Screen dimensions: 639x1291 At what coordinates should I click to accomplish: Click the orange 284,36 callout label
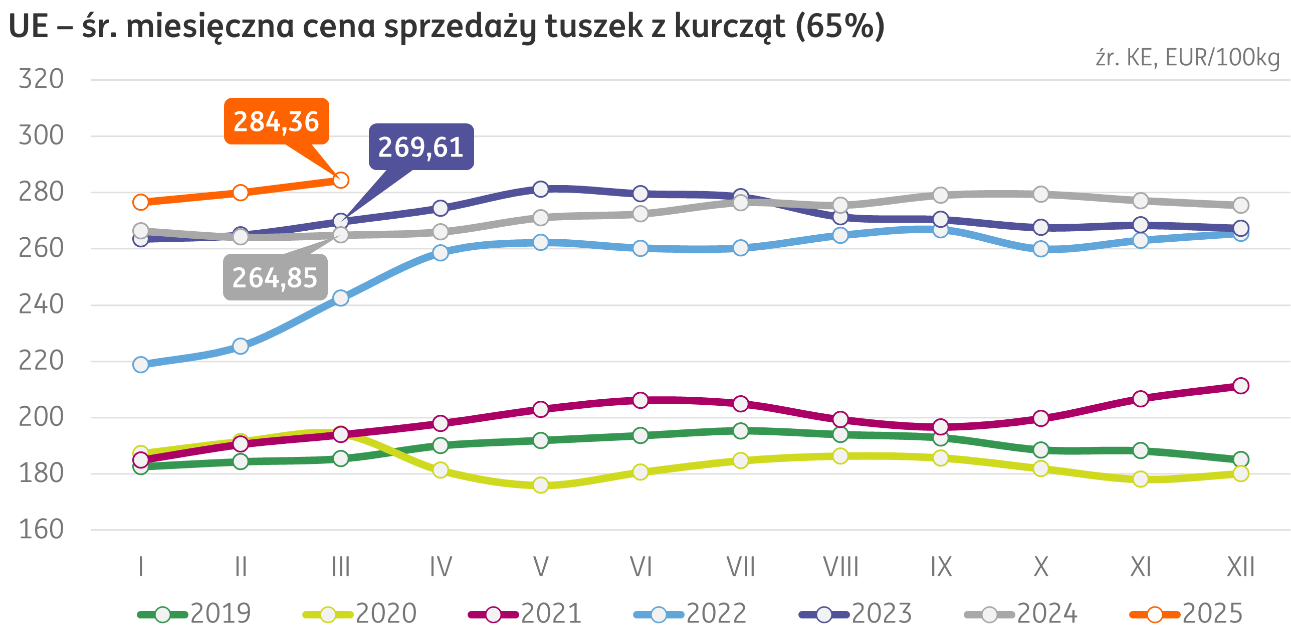276,121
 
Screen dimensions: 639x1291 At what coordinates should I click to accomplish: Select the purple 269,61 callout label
421,147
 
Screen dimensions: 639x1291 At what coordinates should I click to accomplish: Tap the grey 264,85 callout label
275,277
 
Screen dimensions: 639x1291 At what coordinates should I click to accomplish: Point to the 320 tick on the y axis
41,79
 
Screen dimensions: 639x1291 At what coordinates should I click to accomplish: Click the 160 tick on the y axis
41,530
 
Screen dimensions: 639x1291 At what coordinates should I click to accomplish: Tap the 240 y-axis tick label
41,304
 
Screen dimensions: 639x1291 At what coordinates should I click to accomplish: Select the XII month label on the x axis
1240,567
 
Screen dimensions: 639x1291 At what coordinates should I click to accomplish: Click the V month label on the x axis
541,567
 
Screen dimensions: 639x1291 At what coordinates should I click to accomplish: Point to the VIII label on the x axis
840,567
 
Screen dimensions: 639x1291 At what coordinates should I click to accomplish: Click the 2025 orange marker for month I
141,202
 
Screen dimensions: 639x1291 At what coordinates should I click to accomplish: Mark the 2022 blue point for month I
141,365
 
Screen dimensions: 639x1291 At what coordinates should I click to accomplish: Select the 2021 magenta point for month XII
1240,386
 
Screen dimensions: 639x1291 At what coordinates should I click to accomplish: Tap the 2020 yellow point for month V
541,485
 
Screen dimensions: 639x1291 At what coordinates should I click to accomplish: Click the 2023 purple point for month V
541,189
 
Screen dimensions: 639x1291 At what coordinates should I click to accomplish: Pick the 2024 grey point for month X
1041,194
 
